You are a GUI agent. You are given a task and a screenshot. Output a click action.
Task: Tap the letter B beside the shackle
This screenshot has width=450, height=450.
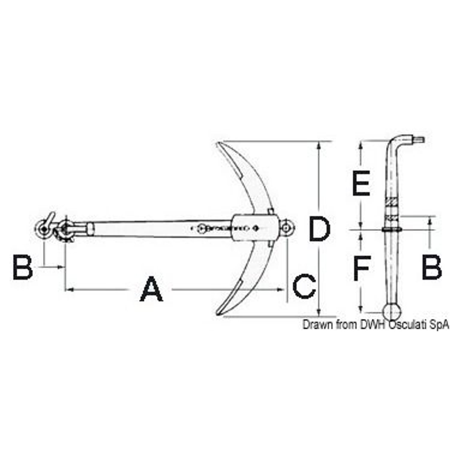point(23,267)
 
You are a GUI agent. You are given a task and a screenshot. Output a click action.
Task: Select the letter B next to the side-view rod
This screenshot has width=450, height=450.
point(431,267)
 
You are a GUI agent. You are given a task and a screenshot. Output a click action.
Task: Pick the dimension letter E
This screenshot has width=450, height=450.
point(361,183)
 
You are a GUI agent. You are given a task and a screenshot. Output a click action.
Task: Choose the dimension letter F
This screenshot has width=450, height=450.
point(362,268)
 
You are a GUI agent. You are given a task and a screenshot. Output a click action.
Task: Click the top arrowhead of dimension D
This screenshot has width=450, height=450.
point(319,145)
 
